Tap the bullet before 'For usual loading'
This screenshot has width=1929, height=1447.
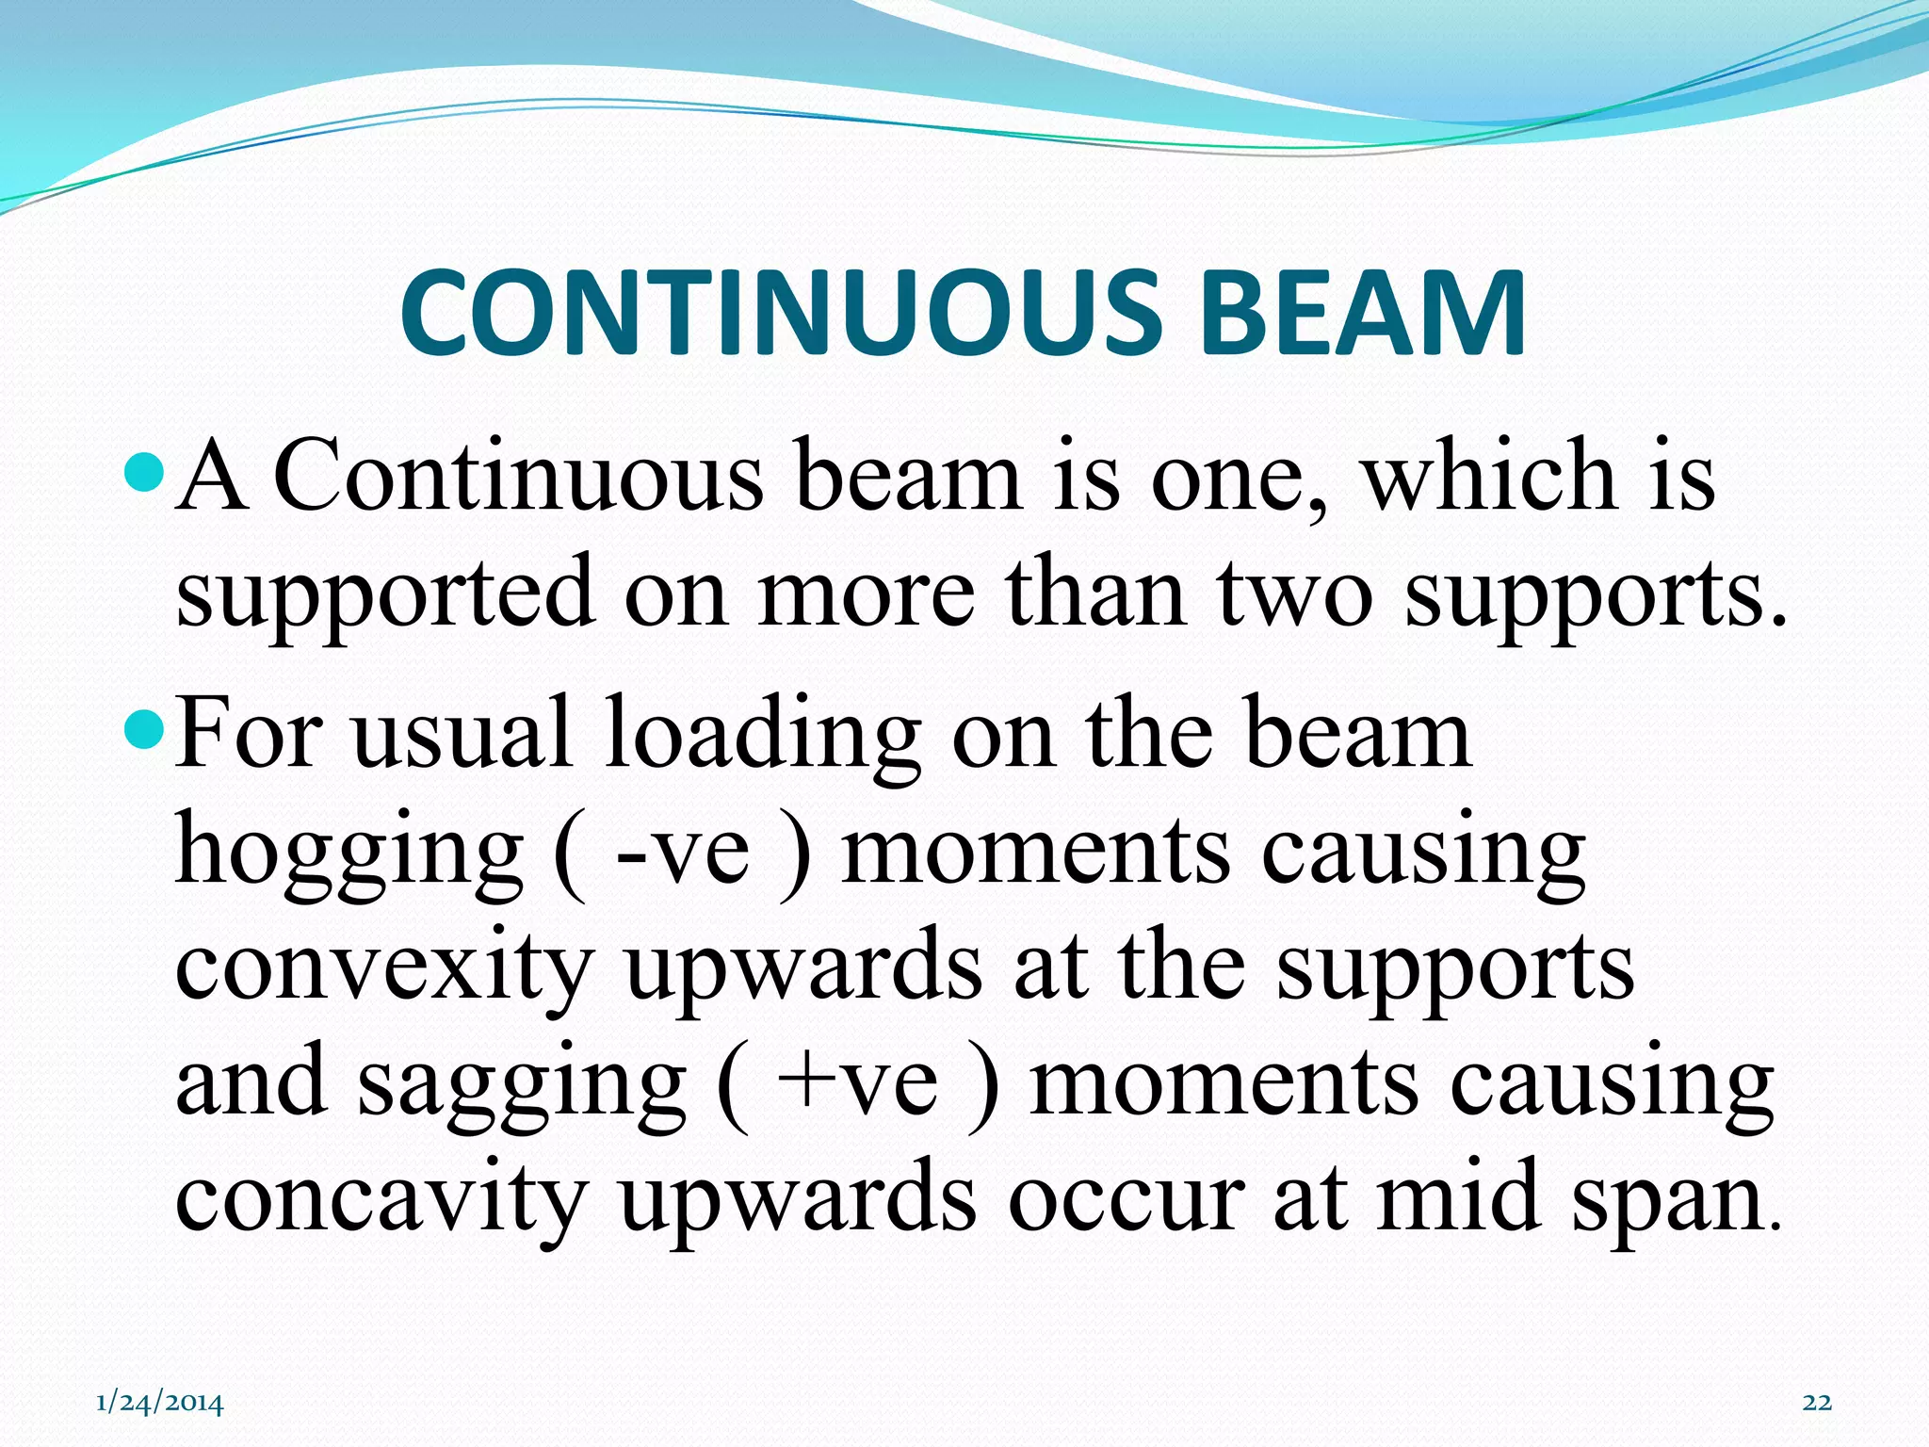[144, 724]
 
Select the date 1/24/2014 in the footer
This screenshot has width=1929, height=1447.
[160, 1403]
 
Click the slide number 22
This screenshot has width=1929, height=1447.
[1817, 1403]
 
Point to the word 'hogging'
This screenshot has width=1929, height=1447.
[349, 853]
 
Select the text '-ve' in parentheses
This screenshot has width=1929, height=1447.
[682, 853]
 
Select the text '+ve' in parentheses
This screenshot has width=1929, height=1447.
[857, 1084]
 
